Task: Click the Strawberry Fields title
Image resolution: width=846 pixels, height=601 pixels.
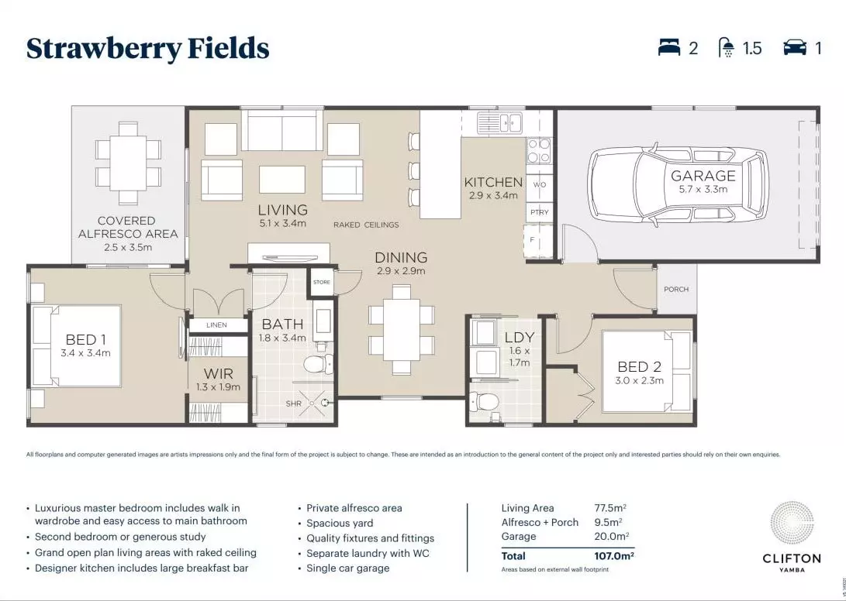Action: pos(147,49)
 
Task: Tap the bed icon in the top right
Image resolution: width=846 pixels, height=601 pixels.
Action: pos(668,48)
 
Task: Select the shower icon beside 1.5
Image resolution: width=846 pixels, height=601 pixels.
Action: pos(727,49)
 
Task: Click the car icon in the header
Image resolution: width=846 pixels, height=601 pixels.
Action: pos(794,48)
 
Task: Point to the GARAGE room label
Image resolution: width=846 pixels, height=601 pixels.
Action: pos(703,176)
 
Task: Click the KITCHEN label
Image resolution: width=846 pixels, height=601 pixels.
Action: pos(493,182)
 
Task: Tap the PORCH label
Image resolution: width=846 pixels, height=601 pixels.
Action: pos(676,290)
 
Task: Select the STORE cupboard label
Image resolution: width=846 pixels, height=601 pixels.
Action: pos(321,283)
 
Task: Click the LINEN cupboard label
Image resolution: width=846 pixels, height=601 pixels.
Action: pos(217,325)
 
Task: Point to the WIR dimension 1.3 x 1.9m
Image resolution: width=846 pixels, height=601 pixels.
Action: pos(218,387)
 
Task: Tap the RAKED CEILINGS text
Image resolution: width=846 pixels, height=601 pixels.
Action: pos(366,225)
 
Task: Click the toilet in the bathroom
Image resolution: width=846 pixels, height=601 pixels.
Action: pos(318,362)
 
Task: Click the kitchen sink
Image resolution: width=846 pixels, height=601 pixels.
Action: pos(499,122)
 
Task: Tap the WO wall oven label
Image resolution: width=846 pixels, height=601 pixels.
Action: pos(540,186)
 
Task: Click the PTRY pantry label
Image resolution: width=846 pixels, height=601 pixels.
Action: pos(540,212)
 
